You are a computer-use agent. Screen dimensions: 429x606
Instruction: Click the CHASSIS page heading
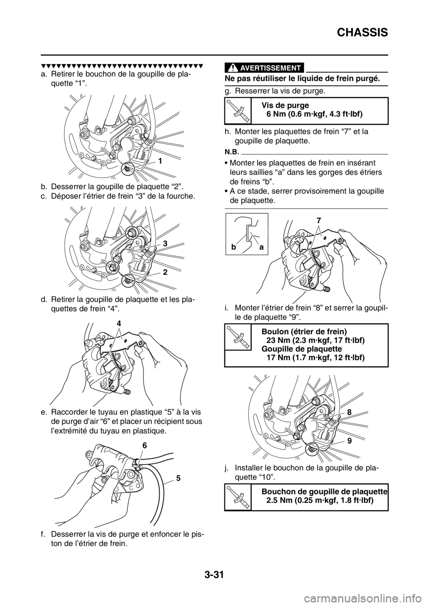tap(362, 33)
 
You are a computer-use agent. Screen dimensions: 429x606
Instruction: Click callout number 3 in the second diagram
tap(165, 244)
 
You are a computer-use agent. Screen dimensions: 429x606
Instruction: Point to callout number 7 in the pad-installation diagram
tap(319, 220)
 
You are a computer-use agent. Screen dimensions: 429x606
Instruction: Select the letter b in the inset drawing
tap(233, 247)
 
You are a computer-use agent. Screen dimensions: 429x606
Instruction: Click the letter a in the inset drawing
tap(261, 247)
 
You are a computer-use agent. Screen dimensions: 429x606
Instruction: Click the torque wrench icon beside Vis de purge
tap(238, 111)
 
